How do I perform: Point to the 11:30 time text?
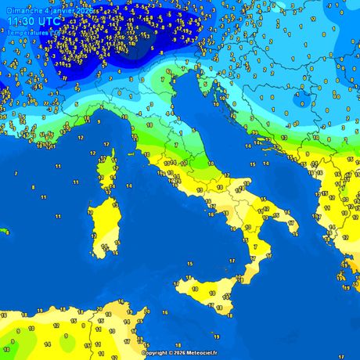[21, 21]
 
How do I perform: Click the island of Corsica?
[106, 172]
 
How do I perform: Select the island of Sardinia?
[103, 223]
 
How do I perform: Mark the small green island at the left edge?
[3, 231]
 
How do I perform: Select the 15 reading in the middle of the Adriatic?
[252, 164]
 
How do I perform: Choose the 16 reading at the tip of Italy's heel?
[290, 223]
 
